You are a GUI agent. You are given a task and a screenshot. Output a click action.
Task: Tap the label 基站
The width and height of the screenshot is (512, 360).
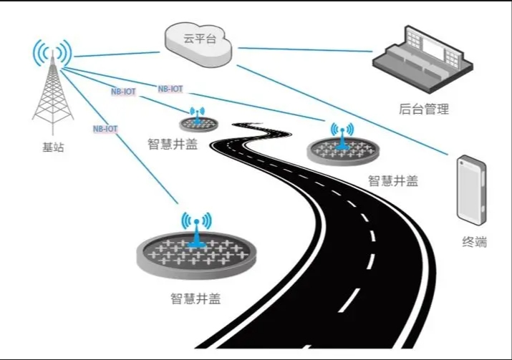[52, 148]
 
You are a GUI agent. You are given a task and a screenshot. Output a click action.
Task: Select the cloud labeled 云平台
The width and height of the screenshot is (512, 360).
[198, 40]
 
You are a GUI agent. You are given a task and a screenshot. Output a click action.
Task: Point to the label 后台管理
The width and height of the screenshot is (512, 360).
[423, 110]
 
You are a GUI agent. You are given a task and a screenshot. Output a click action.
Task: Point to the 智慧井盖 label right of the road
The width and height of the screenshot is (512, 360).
[393, 180]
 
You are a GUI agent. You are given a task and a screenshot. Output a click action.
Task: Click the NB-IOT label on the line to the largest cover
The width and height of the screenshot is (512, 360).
[105, 129]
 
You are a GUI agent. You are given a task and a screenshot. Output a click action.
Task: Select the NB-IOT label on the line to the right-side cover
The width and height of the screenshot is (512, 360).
[170, 89]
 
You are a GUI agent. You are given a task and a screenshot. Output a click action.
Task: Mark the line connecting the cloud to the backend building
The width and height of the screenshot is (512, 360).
[308, 50]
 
